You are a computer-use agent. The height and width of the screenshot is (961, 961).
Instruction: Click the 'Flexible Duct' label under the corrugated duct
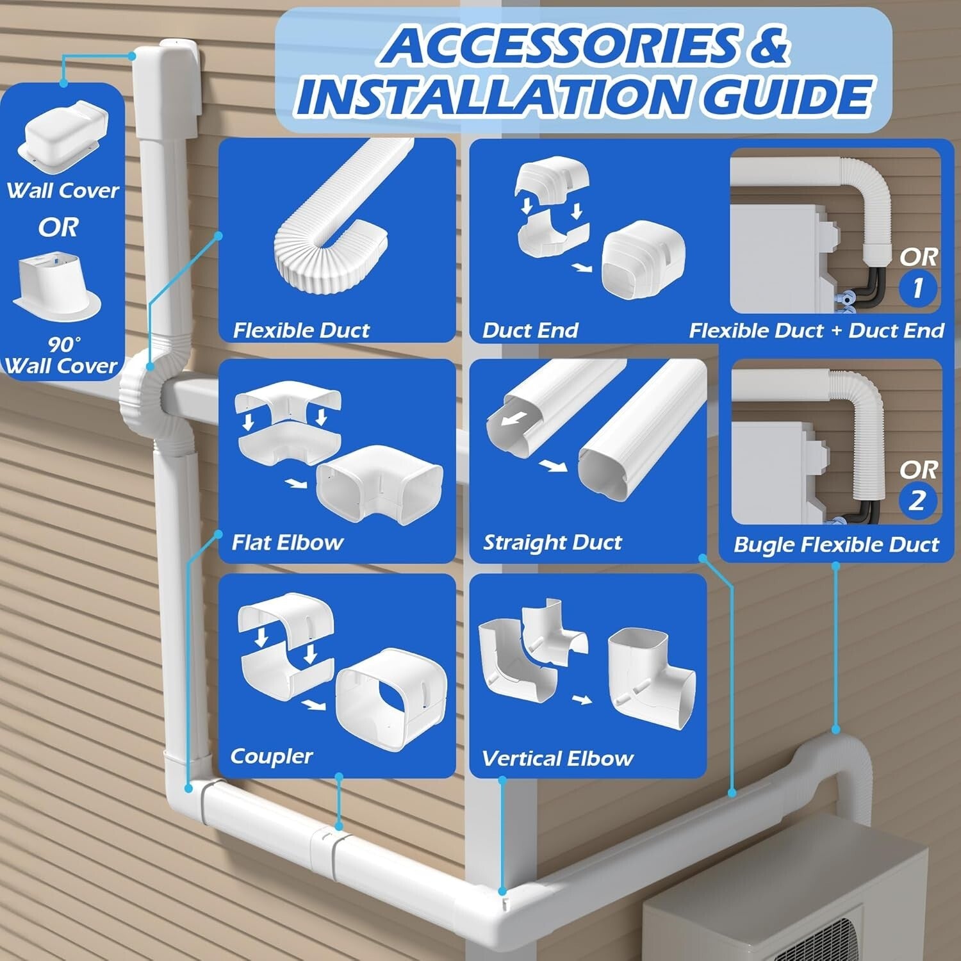point(301,331)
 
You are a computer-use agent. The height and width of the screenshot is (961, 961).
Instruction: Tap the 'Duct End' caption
point(530,331)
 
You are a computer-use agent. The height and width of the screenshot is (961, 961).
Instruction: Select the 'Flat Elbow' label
point(287,543)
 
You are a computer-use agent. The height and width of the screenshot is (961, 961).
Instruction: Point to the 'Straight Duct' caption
point(552,543)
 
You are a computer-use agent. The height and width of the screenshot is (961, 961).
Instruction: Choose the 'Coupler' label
point(271,756)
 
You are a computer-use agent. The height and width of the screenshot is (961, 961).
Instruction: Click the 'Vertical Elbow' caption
point(557,759)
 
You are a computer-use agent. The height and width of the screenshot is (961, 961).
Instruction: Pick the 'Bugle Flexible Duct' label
point(836,545)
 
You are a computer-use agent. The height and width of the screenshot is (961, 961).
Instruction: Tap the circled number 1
point(917,288)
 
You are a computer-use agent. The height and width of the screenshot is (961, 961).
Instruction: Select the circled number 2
point(917,500)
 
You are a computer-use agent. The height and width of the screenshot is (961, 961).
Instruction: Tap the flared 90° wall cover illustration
point(58,285)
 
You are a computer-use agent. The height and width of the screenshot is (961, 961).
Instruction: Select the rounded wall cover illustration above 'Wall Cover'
point(63,135)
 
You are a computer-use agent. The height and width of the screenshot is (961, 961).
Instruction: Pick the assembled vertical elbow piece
point(650,679)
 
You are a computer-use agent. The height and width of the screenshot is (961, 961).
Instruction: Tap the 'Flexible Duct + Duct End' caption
point(816,331)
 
